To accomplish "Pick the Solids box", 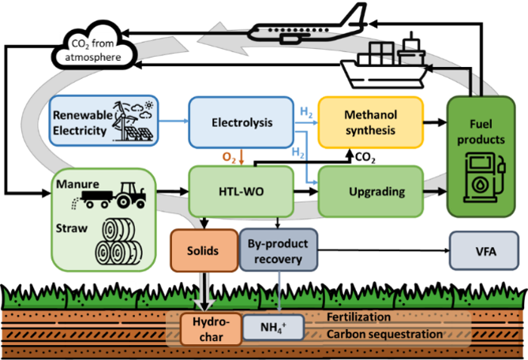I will click(x=204, y=250).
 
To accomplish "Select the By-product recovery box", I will click(x=277, y=250).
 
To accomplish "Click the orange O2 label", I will click(x=229, y=159).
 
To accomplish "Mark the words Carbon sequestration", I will click(x=385, y=334).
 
